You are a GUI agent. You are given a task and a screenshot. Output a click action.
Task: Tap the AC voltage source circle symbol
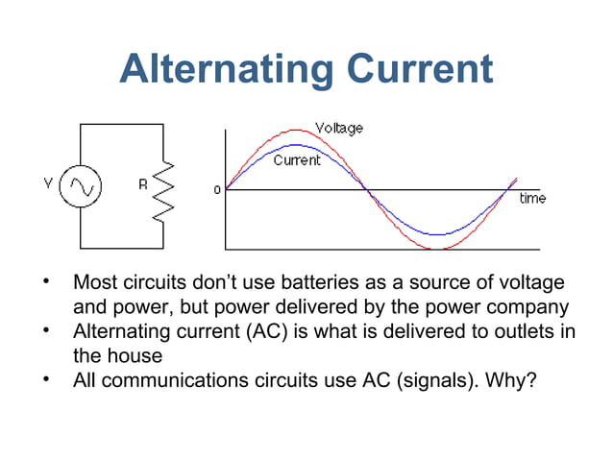point(81,187)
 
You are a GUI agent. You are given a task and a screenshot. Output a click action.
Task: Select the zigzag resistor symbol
point(164,188)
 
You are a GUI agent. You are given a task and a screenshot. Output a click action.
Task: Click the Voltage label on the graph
point(339,128)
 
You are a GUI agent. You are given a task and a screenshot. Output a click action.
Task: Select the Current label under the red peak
point(297,160)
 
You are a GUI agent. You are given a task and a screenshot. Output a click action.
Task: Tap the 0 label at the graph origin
point(216,189)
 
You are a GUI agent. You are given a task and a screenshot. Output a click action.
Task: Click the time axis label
point(532,198)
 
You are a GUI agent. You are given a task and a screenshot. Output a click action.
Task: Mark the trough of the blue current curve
point(438,233)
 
